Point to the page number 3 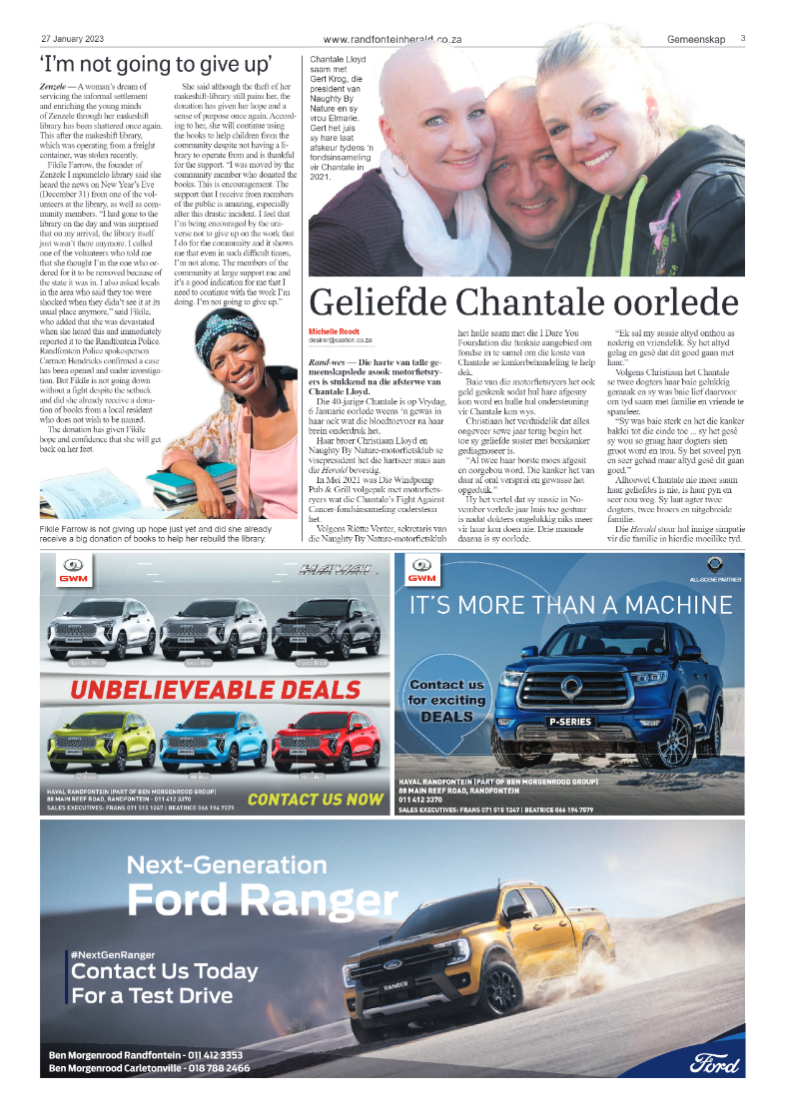tap(743, 39)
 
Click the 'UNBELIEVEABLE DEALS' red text tap(216, 690)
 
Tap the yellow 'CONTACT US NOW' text tap(315, 799)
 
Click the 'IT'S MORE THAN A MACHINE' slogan tap(569, 605)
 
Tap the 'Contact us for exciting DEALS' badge tap(446, 700)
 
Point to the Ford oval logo tap(714, 1063)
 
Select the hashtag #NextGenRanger tap(112, 955)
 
